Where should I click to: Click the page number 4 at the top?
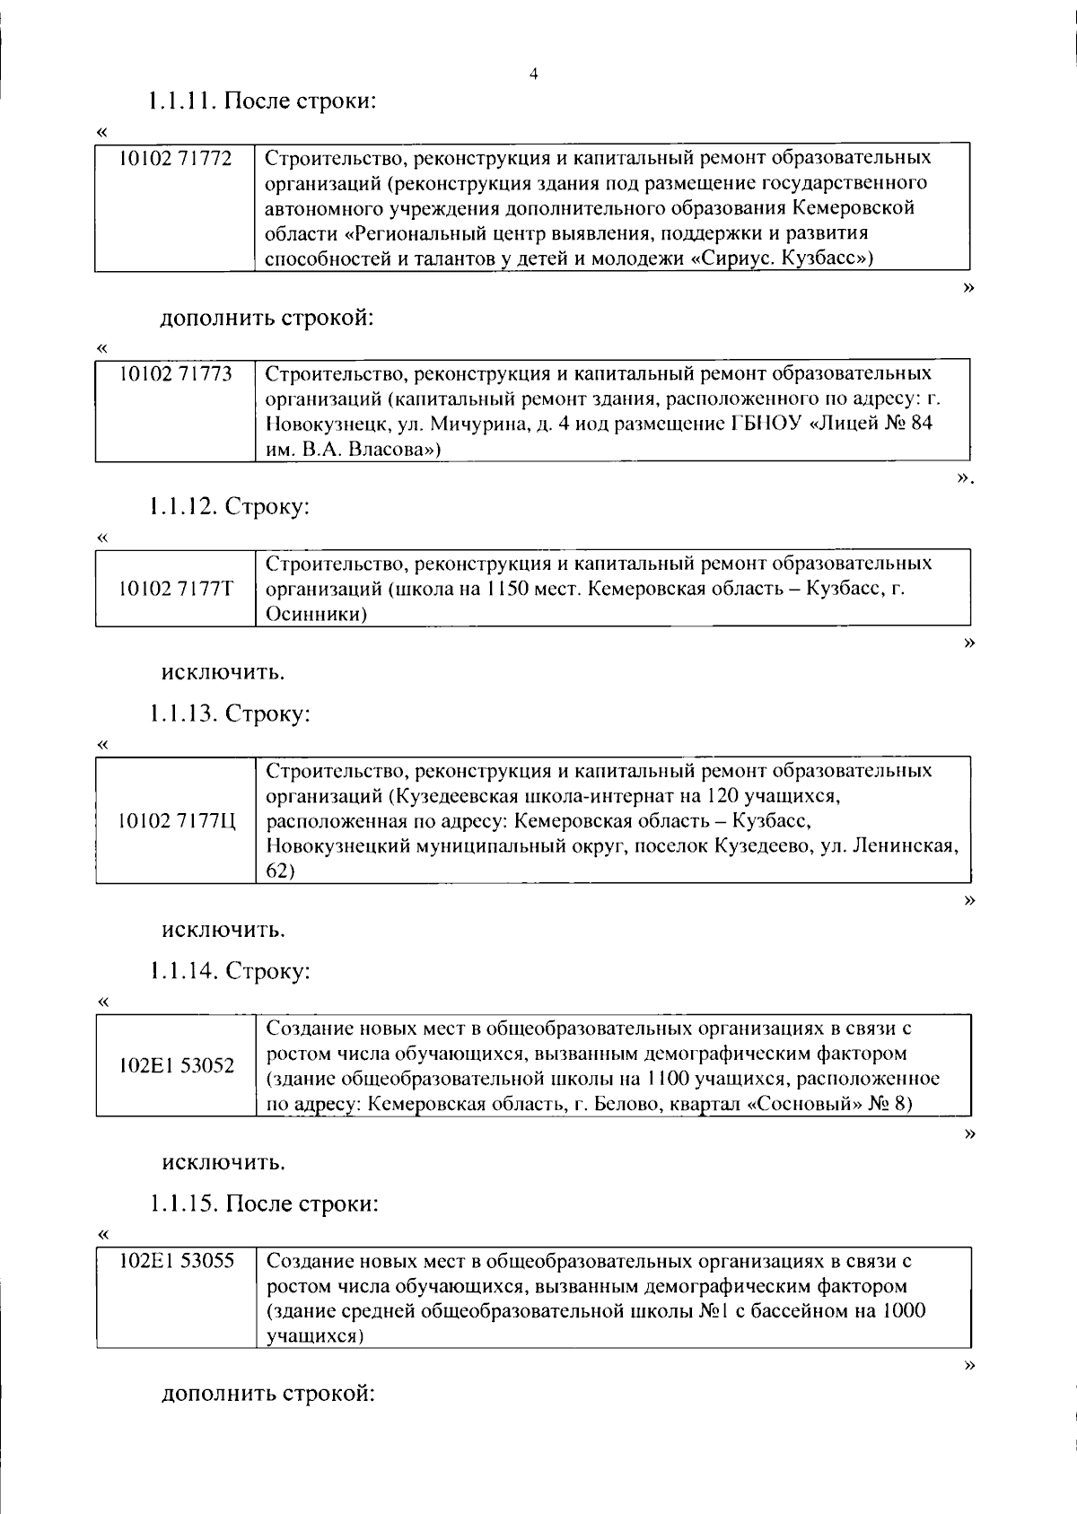(534, 75)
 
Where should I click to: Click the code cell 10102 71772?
(176, 159)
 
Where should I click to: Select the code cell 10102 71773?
(176, 373)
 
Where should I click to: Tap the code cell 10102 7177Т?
(176, 589)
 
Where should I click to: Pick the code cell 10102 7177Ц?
(176, 820)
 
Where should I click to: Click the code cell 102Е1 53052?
(176, 1065)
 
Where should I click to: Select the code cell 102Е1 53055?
(176, 1261)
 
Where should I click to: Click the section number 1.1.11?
(182, 101)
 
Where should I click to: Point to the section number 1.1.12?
(183, 506)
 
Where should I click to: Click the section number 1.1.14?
(183, 970)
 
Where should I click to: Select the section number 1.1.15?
(183, 1203)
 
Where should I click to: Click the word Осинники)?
(318, 615)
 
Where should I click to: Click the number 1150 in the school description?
(508, 590)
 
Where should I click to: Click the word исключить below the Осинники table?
(223, 671)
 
